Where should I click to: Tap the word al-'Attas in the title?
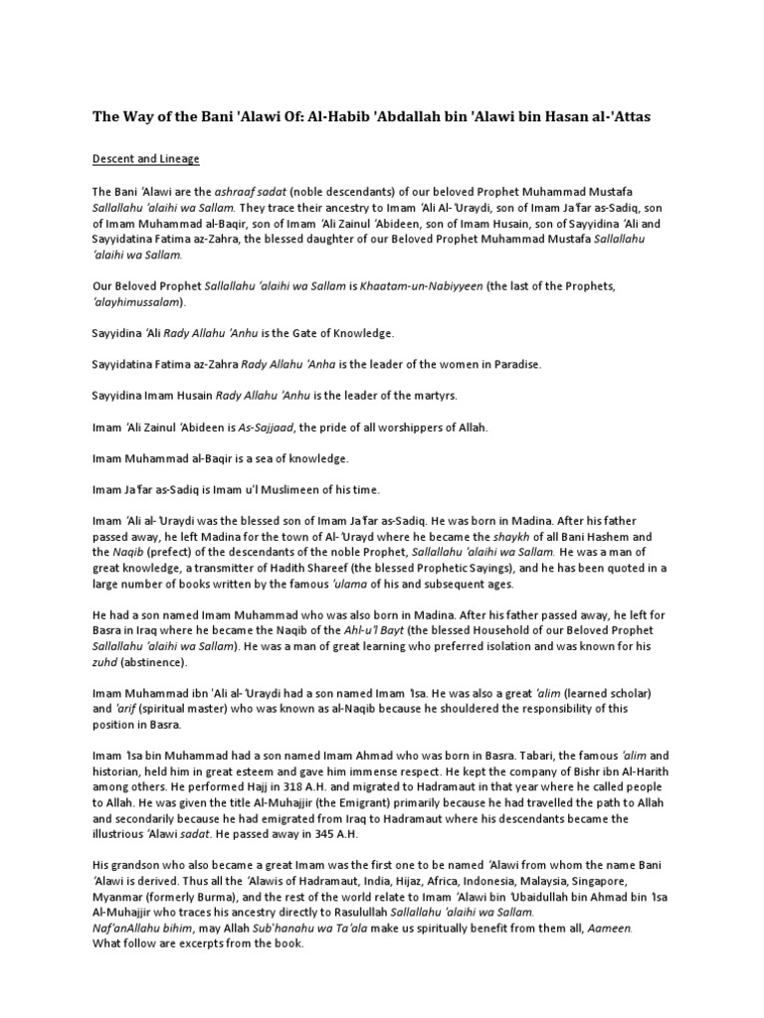pos(624,117)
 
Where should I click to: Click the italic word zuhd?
pos(104,662)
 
